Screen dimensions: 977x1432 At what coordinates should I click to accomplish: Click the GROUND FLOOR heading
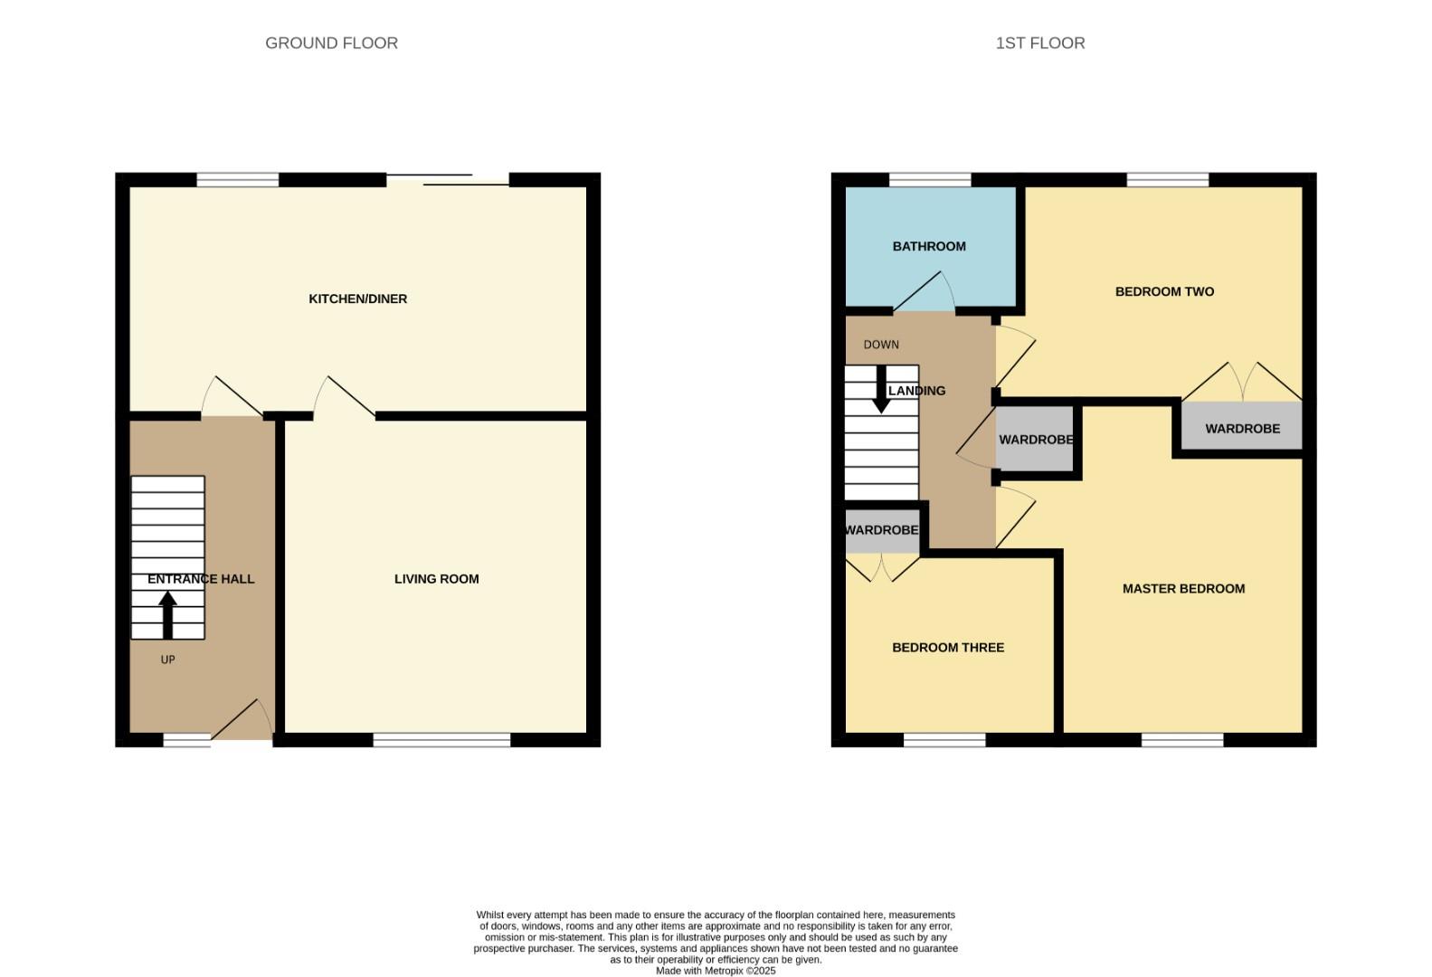331,43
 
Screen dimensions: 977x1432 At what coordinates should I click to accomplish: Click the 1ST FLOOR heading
1039,43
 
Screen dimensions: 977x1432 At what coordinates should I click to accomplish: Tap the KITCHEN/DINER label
357,299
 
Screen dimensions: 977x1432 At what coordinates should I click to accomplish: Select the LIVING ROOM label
436,579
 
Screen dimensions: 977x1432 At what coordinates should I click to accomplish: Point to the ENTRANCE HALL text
201,579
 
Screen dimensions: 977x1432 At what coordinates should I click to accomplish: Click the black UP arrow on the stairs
167,614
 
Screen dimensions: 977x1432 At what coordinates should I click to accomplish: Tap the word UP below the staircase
167,659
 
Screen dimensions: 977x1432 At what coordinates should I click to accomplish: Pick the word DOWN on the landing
880,345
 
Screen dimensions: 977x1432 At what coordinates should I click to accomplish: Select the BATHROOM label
928,246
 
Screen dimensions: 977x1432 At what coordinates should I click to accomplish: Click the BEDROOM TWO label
1163,291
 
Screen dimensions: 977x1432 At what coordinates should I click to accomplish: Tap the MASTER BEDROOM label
1182,588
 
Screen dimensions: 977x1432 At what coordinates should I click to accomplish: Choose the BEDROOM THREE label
947,647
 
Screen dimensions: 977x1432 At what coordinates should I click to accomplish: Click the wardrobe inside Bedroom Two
1241,428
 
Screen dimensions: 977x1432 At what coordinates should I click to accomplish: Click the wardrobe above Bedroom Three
881,531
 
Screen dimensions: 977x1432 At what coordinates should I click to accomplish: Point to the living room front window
441,740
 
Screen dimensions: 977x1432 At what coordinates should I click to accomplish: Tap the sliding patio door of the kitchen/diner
448,180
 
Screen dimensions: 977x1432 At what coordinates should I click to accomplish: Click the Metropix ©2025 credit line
715,971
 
